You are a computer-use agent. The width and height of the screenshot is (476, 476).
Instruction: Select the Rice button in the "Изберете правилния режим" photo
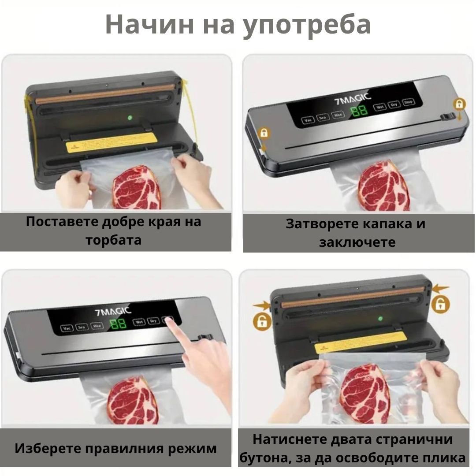[x=97, y=326]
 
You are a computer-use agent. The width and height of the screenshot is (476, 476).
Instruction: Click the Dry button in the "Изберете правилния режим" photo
[x=153, y=321]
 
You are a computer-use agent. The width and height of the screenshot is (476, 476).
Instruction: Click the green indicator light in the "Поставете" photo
[x=130, y=118]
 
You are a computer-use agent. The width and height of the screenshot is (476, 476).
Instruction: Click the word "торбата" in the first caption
[x=114, y=240]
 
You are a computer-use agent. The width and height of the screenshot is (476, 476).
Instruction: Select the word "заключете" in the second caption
[x=357, y=242]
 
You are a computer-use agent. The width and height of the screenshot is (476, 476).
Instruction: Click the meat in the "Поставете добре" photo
[x=137, y=187]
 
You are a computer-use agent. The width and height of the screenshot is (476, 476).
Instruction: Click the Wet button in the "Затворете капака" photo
[x=379, y=107]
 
